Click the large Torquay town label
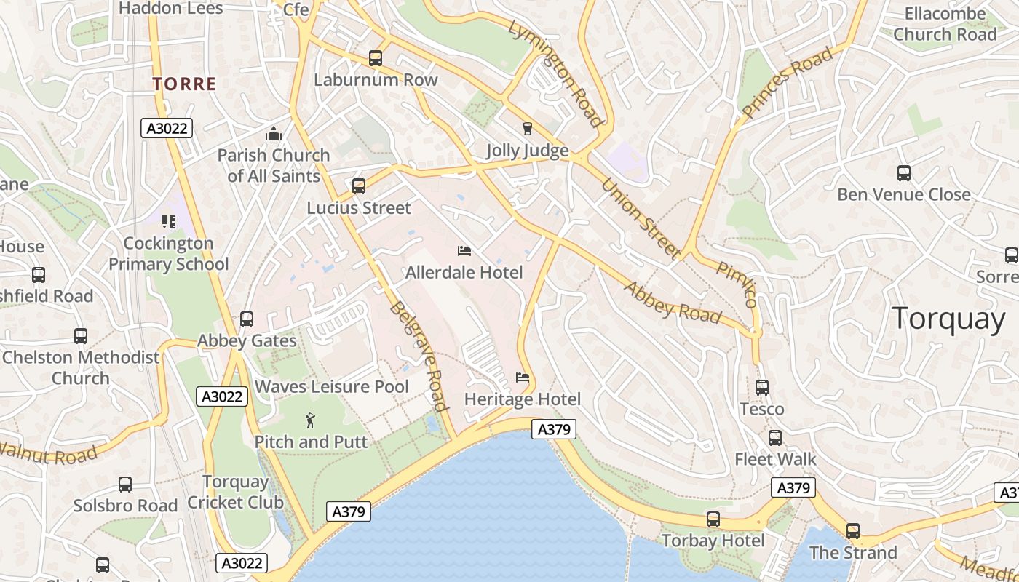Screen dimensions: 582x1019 coord(948,319)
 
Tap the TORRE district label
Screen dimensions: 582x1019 coord(185,84)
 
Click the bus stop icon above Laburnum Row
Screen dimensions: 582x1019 coord(376,58)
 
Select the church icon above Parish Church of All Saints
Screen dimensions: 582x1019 coord(274,134)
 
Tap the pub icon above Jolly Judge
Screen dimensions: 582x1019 coord(528,129)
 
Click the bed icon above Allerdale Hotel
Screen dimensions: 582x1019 coord(464,251)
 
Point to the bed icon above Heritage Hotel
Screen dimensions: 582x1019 coord(523,377)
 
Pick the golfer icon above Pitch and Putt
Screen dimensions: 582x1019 coord(311,420)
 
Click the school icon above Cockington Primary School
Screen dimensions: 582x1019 coord(169,221)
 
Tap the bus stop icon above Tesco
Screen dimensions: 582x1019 coord(762,388)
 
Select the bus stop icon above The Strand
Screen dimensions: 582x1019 coord(853,531)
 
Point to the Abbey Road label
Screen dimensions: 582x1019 coord(673,302)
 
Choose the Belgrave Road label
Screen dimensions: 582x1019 coord(418,356)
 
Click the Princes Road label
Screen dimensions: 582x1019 coord(787,82)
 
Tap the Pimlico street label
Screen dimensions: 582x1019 coord(737,284)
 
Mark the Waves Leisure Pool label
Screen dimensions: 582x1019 coord(332,386)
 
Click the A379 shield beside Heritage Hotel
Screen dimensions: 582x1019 coord(554,429)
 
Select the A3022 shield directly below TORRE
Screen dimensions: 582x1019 coord(166,129)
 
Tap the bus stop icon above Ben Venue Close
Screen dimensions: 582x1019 coord(904,173)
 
